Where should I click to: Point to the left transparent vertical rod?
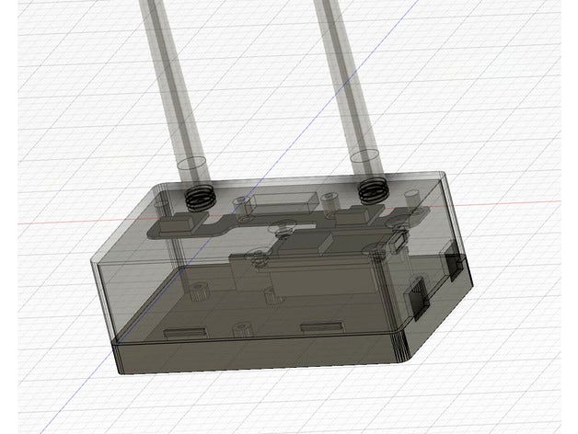point(171,83)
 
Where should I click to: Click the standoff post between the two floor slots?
point(243,329)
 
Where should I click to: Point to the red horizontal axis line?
point(515,203)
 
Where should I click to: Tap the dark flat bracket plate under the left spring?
point(184,223)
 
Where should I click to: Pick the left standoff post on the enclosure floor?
point(197,296)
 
